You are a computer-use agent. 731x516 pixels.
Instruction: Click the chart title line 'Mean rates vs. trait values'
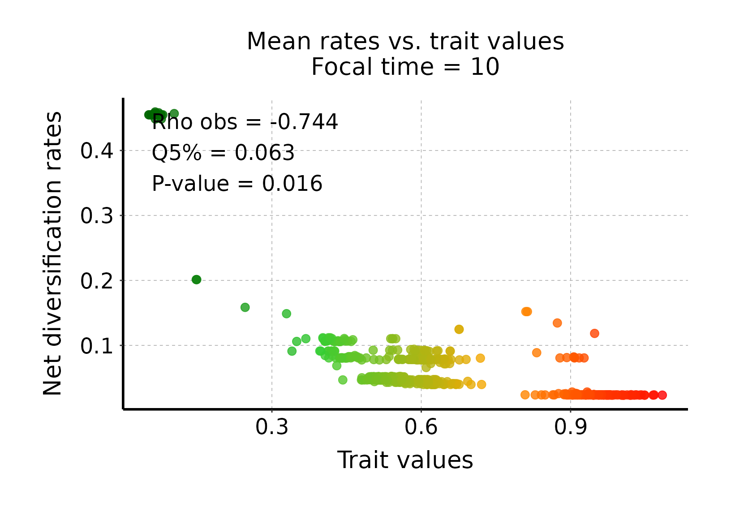[405, 42]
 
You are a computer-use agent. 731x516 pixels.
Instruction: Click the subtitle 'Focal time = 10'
[405, 68]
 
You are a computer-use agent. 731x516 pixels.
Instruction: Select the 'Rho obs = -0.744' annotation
[245, 122]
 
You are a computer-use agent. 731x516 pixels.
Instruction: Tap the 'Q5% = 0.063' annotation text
[223, 153]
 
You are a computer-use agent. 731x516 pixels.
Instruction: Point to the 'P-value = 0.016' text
[237, 184]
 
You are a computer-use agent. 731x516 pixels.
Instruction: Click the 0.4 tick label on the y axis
[97, 151]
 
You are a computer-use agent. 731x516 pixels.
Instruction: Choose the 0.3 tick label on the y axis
[97, 216]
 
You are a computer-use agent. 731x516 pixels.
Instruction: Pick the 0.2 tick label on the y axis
[97, 281]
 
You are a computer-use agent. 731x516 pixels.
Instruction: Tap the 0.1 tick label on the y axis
[97, 346]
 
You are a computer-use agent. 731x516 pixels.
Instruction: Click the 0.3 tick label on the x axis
[272, 427]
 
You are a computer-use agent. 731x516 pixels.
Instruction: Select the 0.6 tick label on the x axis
[421, 427]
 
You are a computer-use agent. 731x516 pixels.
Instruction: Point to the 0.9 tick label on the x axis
[570, 427]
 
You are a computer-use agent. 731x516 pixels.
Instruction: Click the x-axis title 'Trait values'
[405, 460]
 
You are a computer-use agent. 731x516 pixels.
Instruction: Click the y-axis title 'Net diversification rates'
[53, 254]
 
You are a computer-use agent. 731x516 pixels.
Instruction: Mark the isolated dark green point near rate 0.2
[196, 279]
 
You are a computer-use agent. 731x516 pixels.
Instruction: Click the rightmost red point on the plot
[662, 395]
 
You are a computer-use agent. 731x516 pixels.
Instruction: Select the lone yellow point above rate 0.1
[459, 329]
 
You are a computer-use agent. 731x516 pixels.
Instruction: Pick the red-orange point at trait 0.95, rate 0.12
[594, 333]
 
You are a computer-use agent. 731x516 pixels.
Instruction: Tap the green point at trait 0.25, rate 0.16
[245, 307]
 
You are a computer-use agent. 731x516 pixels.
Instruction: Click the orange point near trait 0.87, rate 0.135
[557, 323]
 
